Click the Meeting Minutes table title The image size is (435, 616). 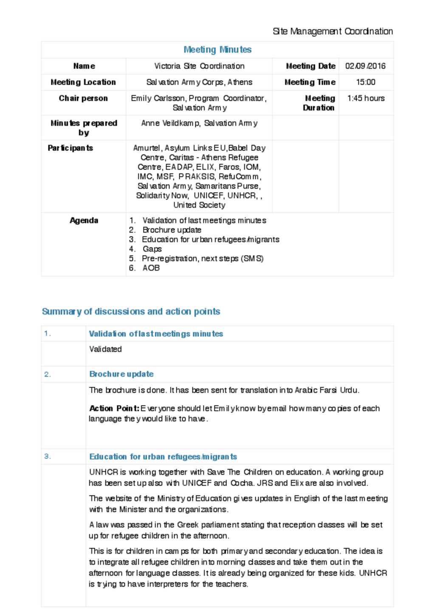coord(217,50)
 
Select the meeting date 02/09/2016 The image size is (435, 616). coord(365,66)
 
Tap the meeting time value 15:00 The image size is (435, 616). coord(365,82)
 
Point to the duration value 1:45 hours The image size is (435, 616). coord(366,98)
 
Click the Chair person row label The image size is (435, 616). coord(83,98)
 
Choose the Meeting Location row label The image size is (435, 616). coord(83,82)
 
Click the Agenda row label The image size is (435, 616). coord(84,220)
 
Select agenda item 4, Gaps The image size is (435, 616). coord(152,249)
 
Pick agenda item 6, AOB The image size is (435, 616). coord(151,268)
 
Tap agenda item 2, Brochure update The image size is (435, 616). coord(172,230)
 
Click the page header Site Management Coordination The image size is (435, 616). coord(333,31)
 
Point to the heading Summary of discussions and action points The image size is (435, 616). coord(131,312)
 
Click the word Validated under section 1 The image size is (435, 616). coord(105,349)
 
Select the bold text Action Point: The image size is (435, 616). coord(114,408)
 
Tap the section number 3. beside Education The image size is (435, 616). coord(47,456)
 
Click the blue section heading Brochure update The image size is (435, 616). coord(121,374)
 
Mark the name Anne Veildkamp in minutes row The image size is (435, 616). coord(170,123)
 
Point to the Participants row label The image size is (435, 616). coord(70,148)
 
